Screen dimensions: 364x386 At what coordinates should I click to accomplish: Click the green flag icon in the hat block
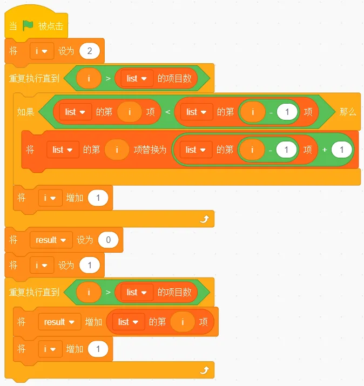[x=28, y=25]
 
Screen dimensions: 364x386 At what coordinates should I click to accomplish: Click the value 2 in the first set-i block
[x=90, y=51]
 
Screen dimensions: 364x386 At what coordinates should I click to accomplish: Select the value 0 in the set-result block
[x=108, y=240]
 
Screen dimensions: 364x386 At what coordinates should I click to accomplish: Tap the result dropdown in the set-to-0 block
[x=51, y=240]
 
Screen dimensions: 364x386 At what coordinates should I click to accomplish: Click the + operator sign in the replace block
[x=325, y=150]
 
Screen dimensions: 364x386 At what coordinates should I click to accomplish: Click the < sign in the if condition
[x=168, y=112]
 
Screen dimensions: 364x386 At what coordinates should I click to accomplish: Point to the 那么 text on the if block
[x=347, y=112]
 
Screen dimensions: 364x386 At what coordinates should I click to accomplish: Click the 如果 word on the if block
[x=25, y=112]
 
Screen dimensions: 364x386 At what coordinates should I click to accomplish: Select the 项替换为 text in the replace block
[x=150, y=150]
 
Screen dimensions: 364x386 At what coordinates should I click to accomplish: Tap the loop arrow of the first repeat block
[x=205, y=219]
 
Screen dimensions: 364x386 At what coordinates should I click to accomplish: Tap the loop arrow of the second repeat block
[x=205, y=370]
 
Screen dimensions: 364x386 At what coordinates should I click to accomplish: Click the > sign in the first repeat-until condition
[x=108, y=78]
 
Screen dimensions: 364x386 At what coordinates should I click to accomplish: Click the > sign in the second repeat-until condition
[x=108, y=292]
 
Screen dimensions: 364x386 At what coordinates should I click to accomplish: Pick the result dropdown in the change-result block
[x=59, y=322]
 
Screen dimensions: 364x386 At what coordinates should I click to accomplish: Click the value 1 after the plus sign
[x=342, y=150]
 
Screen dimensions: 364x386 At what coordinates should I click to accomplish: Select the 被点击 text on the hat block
[x=51, y=26]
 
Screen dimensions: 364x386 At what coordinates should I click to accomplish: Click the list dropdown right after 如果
[x=76, y=112]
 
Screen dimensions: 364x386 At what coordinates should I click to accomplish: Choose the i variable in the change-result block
[x=183, y=322]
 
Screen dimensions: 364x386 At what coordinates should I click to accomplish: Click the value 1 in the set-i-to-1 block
[x=90, y=265]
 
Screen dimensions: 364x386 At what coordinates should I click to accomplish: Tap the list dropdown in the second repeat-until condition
[x=137, y=292]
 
